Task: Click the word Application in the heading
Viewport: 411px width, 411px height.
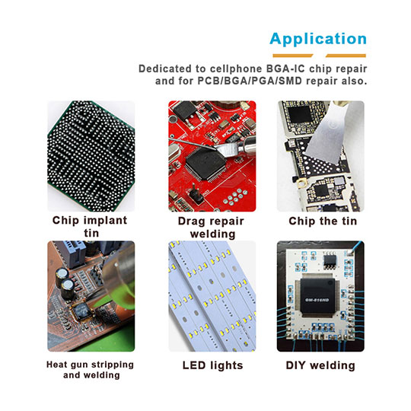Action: pyautogui.click(x=317, y=39)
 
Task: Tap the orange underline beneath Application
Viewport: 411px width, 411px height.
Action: pyautogui.click(x=317, y=56)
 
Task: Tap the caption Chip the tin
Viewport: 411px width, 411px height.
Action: pyautogui.click(x=320, y=221)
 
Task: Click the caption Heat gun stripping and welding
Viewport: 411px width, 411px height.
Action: pyautogui.click(x=90, y=370)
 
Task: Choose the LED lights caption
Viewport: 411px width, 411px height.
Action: pyautogui.click(x=205, y=365)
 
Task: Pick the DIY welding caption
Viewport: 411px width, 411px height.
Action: pyautogui.click(x=320, y=365)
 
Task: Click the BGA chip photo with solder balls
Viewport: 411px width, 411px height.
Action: pyautogui.click(x=90, y=155)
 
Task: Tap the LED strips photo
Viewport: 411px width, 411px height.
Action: pyautogui.click(x=205, y=296)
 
